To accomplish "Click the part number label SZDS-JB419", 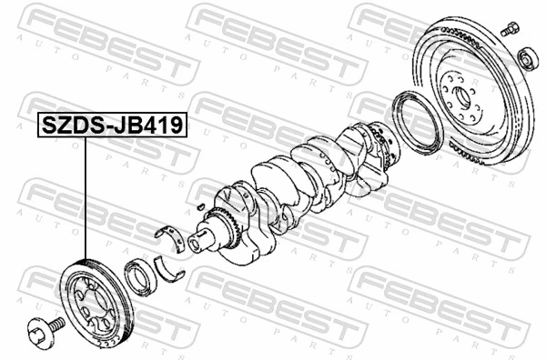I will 110,125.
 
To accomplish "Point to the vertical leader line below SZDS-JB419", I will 86,200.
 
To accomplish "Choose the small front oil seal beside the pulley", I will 142,276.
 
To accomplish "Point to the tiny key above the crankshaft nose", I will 199,206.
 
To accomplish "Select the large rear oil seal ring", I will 418,123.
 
